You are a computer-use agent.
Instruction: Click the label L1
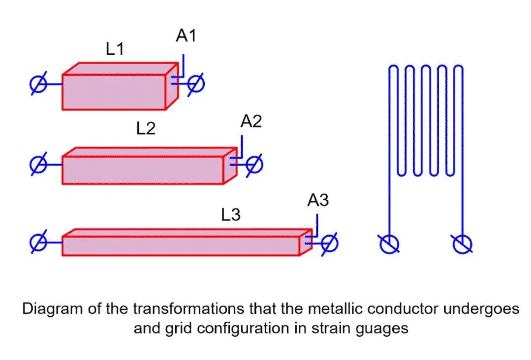click(x=114, y=50)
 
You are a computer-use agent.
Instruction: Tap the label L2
click(x=146, y=128)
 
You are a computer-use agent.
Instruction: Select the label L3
click(x=231, y=215)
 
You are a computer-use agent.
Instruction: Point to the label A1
click(x=186, y=36)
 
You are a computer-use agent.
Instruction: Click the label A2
click(x=251, y=121)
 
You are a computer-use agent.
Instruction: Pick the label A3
click(x=318, y=201)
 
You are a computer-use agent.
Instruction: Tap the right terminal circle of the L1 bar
click(x=195, y=84)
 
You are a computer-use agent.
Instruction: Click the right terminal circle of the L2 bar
click(x=254, y=165)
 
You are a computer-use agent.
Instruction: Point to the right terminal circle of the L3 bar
click(x=329, y=242)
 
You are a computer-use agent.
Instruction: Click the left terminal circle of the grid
click(x=388, y=243)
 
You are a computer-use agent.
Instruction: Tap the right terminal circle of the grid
click(x=463, y=243)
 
